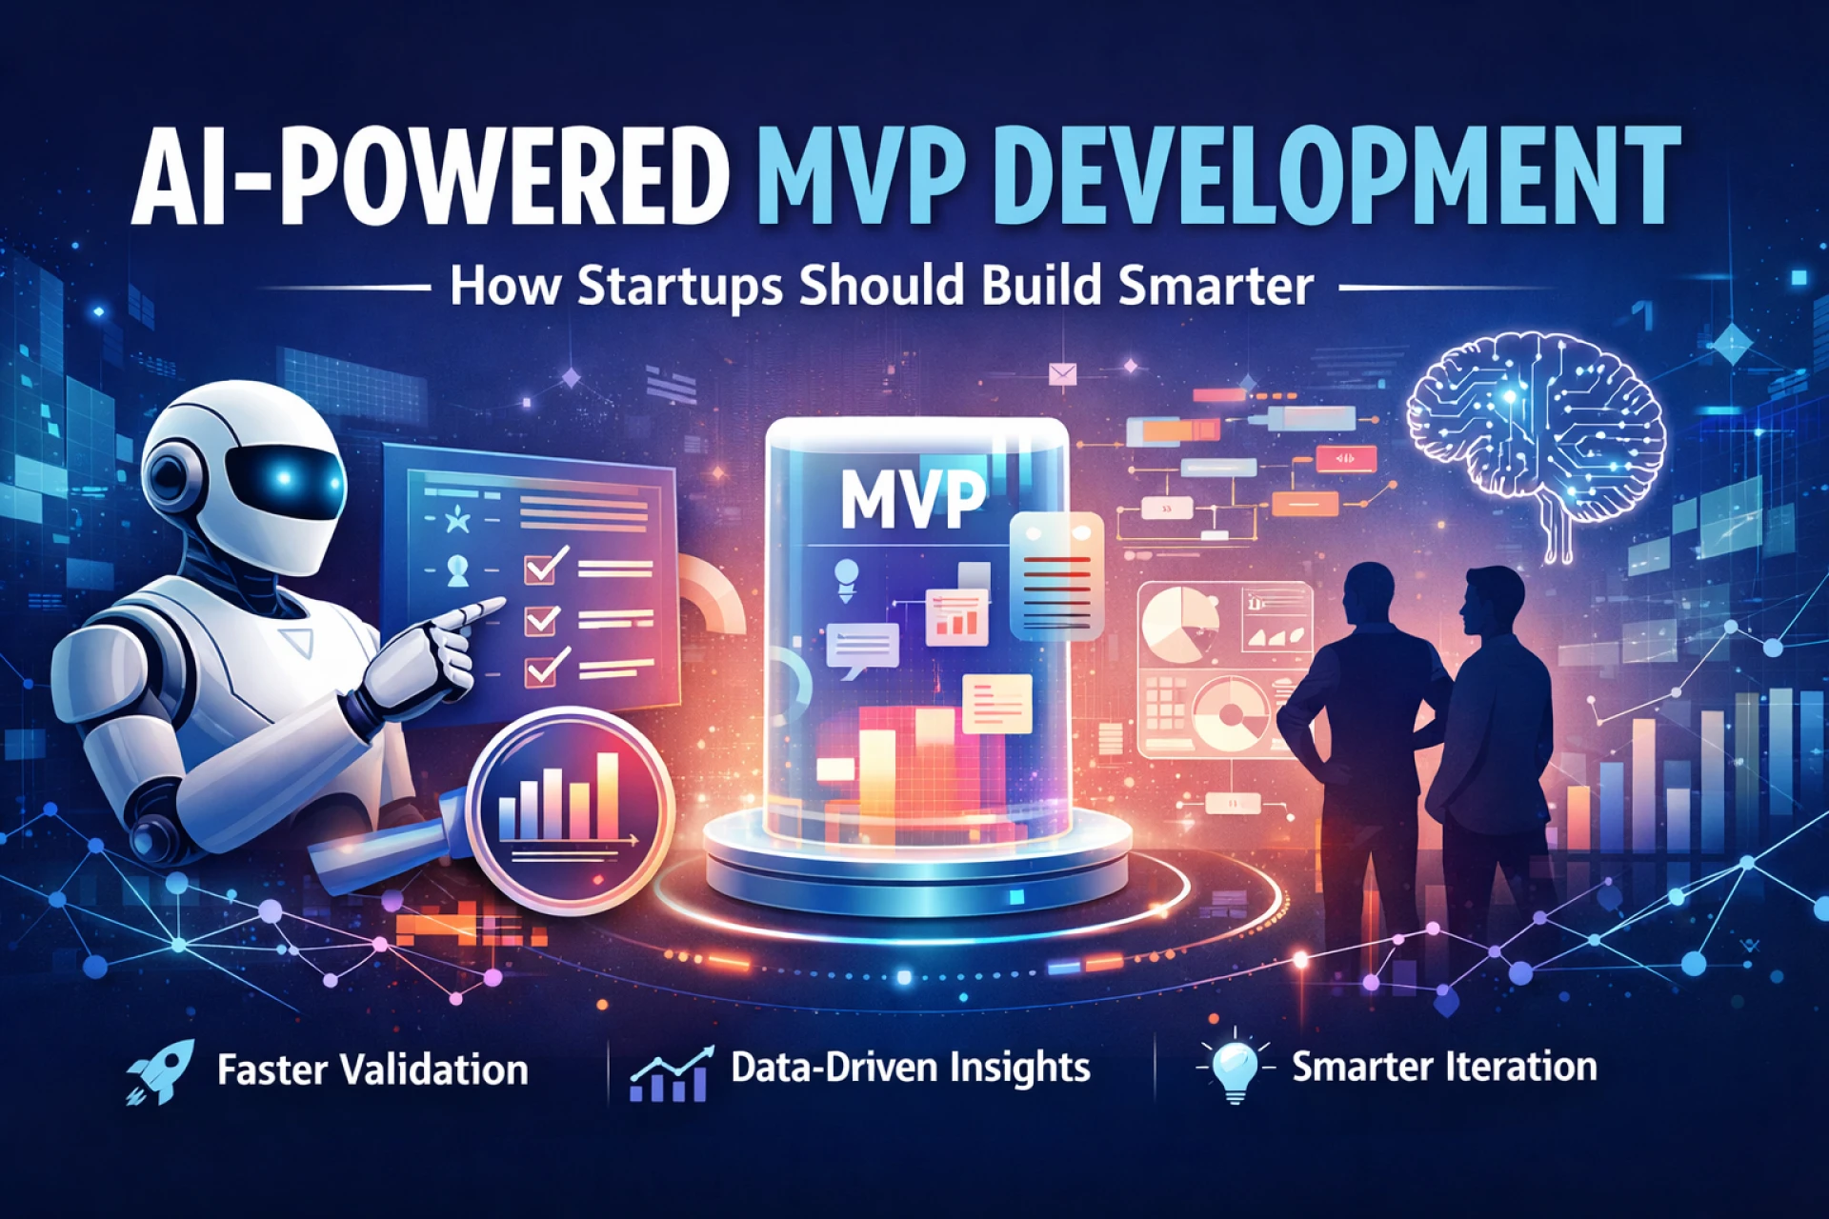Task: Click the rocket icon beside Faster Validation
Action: coord(160,1070)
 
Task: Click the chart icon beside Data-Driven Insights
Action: coord(671,1074)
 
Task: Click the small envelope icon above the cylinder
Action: coord(1062,374)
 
